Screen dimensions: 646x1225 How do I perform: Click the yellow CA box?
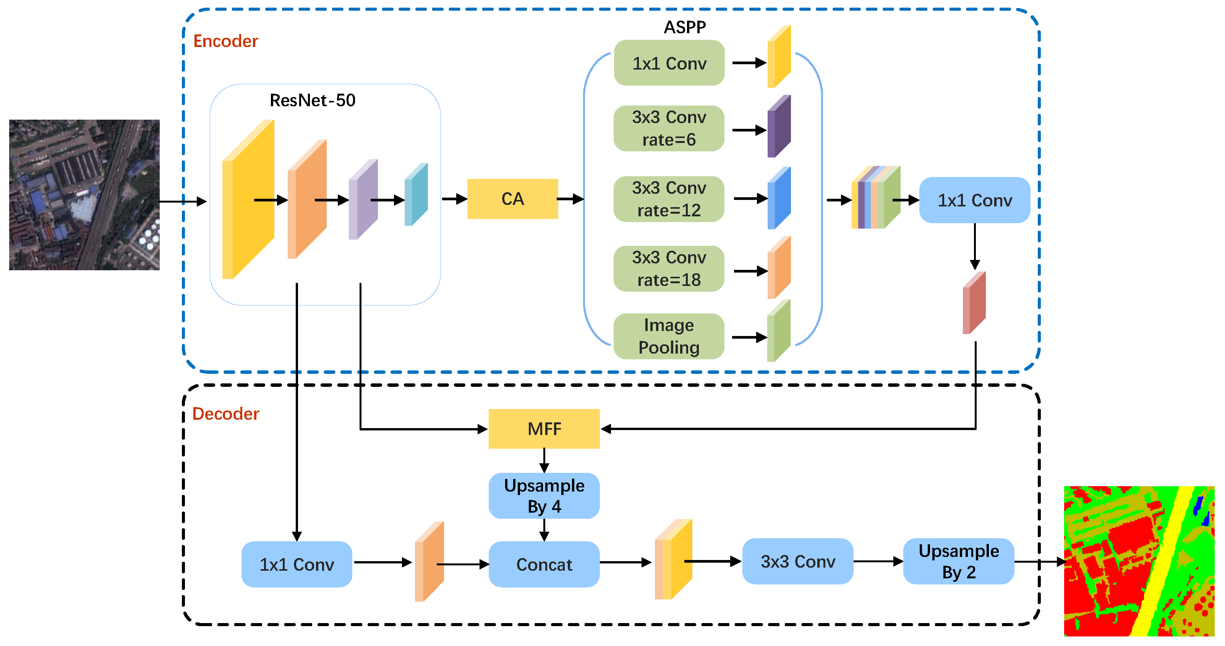click(x=512, y=199)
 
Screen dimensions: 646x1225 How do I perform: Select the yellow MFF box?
click(x=544, y=429)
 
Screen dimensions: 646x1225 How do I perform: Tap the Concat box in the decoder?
click(x=544, y=564)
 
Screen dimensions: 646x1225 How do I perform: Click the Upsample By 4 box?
click(x=544, y=496)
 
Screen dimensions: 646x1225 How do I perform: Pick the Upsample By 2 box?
click(x=958, y=561)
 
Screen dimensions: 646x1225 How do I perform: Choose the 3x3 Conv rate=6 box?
click(x=669, y=128)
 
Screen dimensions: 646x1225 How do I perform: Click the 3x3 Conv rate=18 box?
click(x=669, y=269)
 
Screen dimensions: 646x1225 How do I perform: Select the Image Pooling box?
click(x=669, y=336)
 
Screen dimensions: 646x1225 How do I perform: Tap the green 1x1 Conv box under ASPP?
click(x=669, y=63)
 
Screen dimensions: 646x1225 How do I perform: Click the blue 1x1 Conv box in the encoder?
click(x=974, y=200)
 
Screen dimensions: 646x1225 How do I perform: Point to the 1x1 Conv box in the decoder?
click(x=297, y=564)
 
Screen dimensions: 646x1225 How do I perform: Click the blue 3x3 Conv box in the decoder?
click(x=797, y=561)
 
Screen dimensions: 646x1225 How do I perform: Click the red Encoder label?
click(x=225, y=41)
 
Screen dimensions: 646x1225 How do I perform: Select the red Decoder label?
click(x=225, y=414)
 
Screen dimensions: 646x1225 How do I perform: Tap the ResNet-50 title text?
click(x=313, y=101)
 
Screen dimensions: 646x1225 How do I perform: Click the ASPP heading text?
click(x=684, y=27)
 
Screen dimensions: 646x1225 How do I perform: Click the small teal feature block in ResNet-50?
click(x=416, y=195)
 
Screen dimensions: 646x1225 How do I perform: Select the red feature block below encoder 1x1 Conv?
click(x=974, y=303)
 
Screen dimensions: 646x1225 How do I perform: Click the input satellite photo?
click(x=84, y=195)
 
